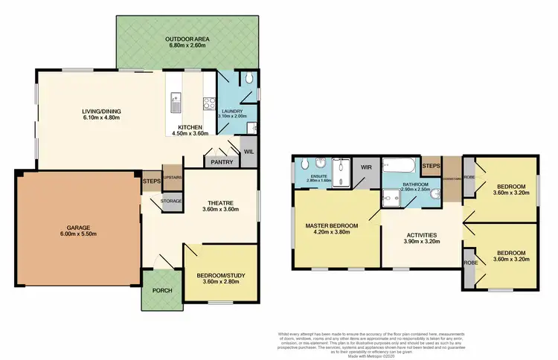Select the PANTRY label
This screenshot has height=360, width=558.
tap(222, 162)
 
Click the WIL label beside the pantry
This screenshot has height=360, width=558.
tap(248, 151)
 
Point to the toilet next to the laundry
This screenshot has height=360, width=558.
tap(250, 78)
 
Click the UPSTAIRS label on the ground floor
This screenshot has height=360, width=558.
tap(172, 177)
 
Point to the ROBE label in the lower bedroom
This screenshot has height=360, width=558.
tap(469, 263)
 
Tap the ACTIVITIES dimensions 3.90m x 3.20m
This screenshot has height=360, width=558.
tap(421, 242)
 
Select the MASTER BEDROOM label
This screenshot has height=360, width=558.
tap(332, 225)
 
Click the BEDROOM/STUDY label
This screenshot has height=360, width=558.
tap(221, 275)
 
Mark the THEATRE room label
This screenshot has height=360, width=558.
tap(221, 201)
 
